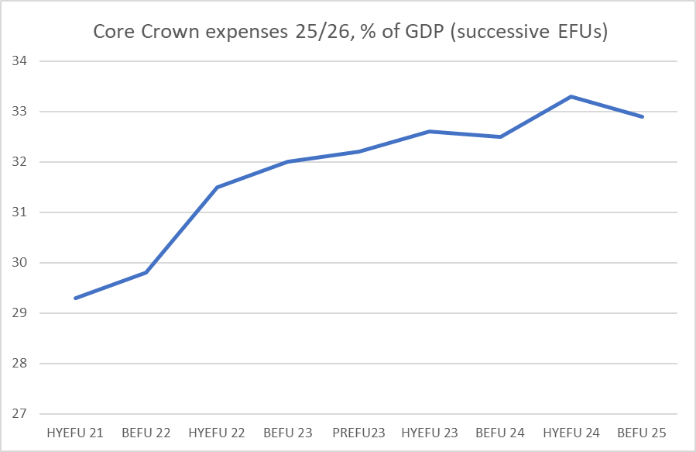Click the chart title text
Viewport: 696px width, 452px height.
(348, 32)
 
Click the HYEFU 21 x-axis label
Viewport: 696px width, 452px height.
(75, 432)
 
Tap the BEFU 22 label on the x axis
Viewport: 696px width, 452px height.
(146, 432)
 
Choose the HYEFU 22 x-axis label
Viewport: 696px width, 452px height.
(217, 432)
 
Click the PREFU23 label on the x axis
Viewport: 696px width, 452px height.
(359, 432)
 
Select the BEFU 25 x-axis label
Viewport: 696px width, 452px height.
(643, 432)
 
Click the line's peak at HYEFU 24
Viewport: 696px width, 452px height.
(571, 96)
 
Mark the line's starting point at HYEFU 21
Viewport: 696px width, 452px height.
(75, 298)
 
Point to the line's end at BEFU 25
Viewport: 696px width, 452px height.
(643, 116)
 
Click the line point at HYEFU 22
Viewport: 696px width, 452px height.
(217, 187)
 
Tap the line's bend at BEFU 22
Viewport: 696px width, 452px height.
(146, 273)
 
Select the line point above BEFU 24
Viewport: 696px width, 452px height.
(501, 136)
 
